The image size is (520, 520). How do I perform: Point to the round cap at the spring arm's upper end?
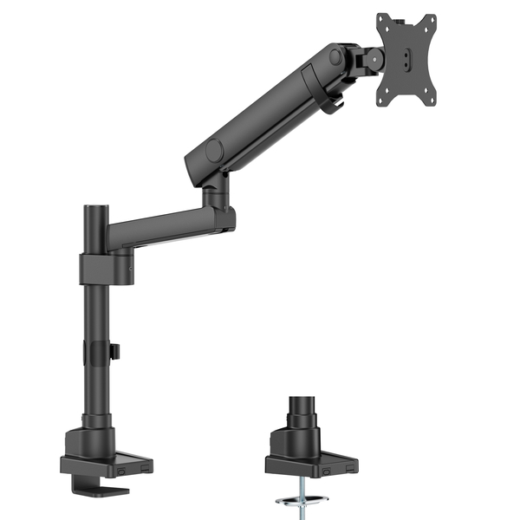[x=335, y=58]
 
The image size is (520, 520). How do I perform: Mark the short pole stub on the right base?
[x=302, y=411]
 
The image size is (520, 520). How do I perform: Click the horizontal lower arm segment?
[x=165, y=230]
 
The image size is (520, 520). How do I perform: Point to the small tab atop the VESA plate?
[x=387, y=16]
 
